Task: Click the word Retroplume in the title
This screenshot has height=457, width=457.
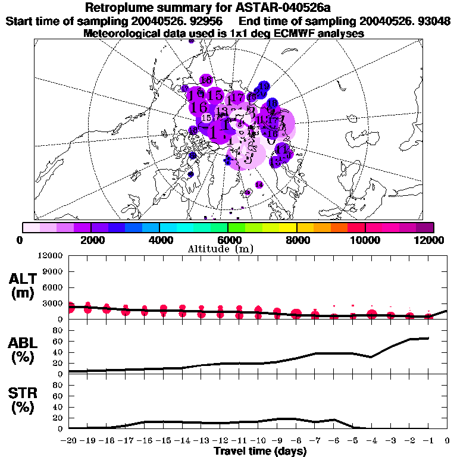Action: pos(121,8)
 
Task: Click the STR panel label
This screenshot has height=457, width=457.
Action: pos(25,400)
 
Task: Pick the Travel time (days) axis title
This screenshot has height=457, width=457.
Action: pos(260,452)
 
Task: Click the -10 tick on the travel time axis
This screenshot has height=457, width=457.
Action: pos(258,440)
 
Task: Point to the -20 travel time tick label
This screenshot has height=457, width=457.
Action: pos(69,440)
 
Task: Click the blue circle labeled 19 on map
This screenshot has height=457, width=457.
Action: pos(264,87)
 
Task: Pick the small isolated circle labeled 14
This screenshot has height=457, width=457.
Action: pos(259,185)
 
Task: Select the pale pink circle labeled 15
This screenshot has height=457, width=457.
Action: pos(206,118)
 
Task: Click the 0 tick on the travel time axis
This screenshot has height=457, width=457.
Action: pos(447,440)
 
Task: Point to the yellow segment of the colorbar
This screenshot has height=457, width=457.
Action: pos(288,227)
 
